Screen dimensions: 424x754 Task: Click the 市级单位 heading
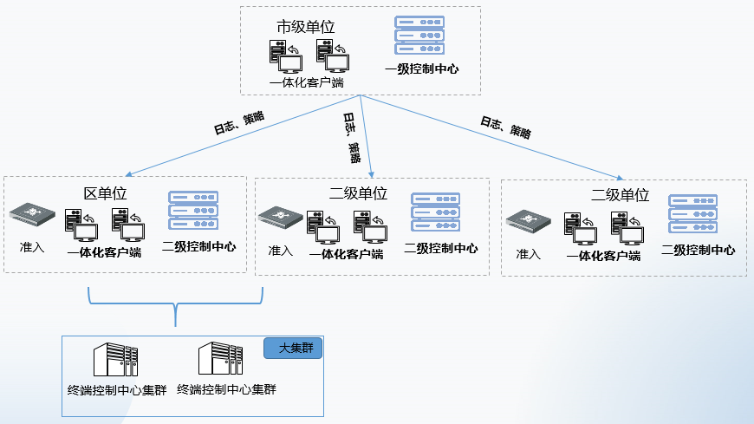point(305,27)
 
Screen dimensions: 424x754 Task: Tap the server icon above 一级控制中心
point(419,36)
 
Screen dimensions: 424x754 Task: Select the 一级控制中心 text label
point(422,68)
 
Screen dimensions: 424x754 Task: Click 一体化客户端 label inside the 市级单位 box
point(306,83)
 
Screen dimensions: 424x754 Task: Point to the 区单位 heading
point(105,192)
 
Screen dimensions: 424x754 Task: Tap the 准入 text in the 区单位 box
point(32,247)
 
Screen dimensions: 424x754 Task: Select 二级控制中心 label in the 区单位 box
point(198,246)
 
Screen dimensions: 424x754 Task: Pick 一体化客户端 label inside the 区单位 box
point(104,253)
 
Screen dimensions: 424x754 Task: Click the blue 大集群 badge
point(292,349)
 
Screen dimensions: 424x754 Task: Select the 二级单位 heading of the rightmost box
point(620,195)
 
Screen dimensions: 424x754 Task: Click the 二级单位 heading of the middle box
point(358,193)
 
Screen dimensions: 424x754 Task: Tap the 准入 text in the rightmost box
point(529,254)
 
